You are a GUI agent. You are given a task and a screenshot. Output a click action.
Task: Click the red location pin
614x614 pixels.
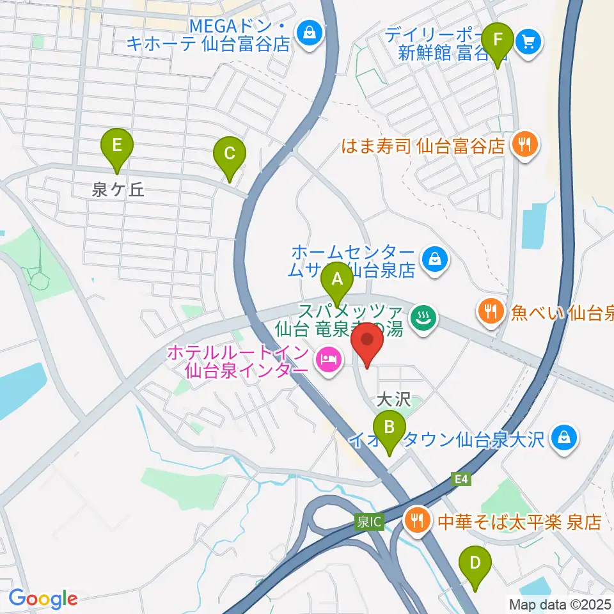tap(367, 343)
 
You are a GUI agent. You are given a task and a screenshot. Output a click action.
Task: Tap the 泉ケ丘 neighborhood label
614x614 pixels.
tap(119, 189)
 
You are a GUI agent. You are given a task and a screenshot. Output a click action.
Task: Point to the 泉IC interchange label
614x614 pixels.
tap(369, 522)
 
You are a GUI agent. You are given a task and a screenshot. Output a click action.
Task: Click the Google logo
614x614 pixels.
tap(43, 599)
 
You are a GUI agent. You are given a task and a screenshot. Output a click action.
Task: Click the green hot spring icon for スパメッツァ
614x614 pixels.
tap(423, 317)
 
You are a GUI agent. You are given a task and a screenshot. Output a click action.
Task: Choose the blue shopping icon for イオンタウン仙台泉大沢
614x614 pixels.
tap(563, 439)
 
